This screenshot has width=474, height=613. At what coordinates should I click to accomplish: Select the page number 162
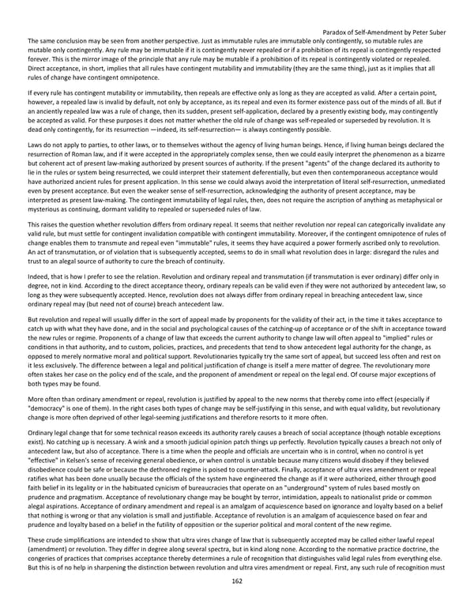236,603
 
